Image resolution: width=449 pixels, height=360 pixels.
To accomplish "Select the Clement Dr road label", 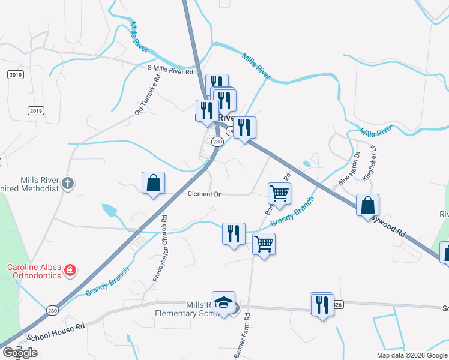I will [205, 194].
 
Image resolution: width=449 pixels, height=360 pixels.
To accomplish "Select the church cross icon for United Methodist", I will [68, 183].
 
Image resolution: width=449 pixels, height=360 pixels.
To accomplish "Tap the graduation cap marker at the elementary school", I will [223, 303].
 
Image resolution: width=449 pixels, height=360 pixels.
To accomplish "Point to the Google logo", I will [19, 353].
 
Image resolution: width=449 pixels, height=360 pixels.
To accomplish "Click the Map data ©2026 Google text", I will [412, 355].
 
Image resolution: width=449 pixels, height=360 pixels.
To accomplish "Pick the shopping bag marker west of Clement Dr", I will [153, 183].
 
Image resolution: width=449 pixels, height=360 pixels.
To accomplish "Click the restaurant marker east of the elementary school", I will [322, 305].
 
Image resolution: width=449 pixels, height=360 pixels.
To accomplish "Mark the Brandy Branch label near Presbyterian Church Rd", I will [107, 281].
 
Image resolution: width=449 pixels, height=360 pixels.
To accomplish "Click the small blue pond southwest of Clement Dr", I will [110, 210].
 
